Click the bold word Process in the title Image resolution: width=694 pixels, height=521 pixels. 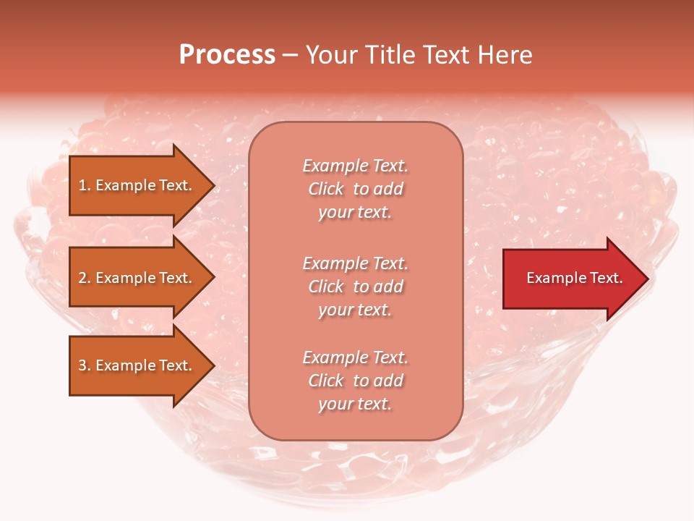pos(227,55)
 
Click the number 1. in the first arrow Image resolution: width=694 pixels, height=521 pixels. pos(85,185)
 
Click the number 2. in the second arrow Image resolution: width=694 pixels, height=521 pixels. pos(85,278)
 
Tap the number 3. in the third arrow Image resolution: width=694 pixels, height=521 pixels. pos(85,365)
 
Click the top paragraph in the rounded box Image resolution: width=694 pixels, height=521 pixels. pos(355,189)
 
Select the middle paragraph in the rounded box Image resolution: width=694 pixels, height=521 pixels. pos(355,286)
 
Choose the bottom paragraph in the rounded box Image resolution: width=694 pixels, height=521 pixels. pos(355,381)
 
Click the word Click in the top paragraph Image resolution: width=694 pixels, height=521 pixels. pos(325,189)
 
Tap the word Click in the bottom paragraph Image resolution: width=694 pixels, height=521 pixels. pos(325,381)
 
